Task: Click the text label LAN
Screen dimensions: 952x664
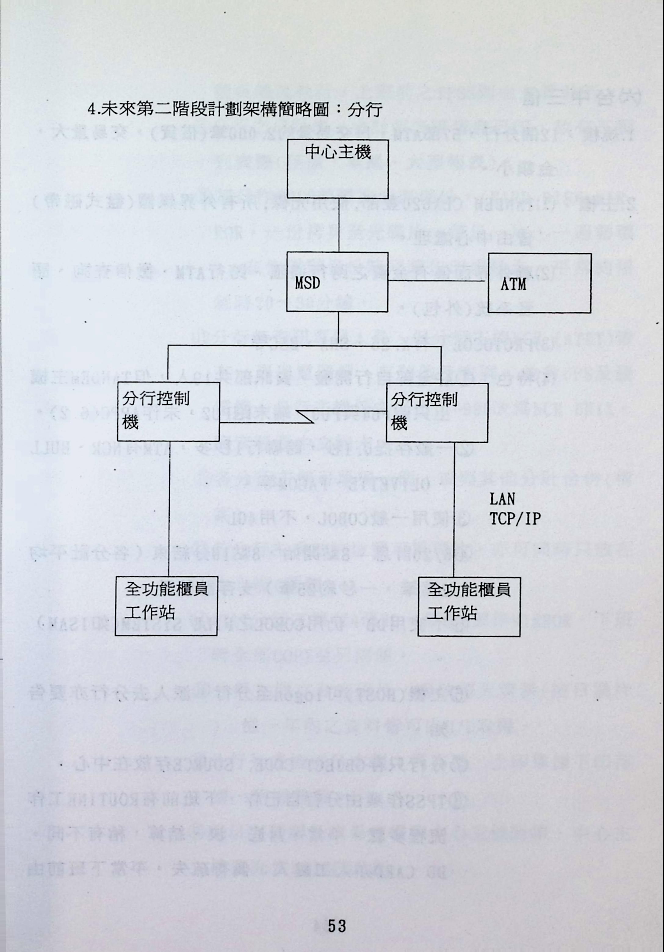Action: (x=502, y=499)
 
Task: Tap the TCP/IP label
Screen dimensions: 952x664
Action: (x=515, y=519)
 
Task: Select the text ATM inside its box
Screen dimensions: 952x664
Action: (x=513, y=284)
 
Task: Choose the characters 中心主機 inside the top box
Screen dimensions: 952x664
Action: (x=337, y=152)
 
